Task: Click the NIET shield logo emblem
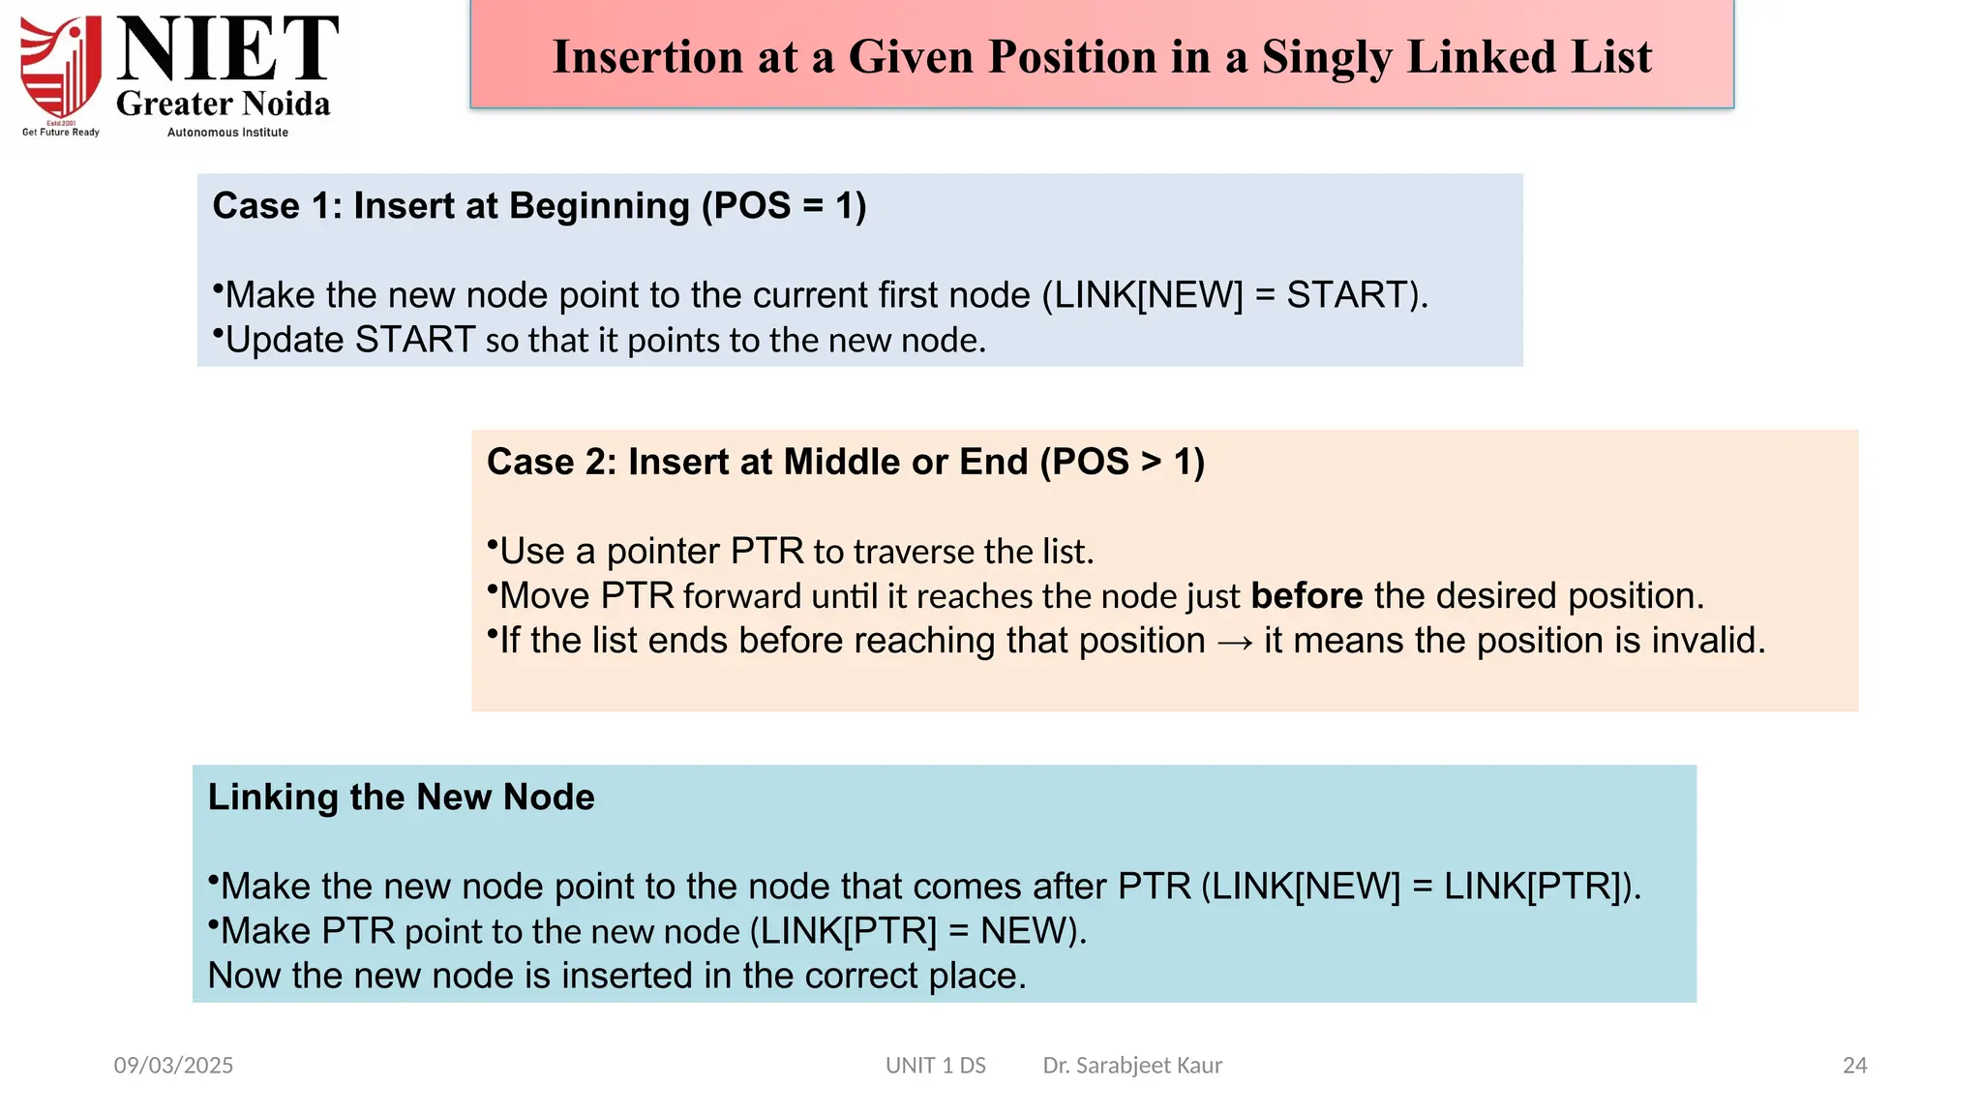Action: tap(61, 68)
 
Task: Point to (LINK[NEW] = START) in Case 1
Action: tap(1235, 294)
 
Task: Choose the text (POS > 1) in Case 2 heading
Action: tap(1122, 462)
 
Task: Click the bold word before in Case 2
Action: tap(1306, 595)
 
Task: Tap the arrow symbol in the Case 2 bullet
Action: tap(1235, 642)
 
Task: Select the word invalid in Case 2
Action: tap(1708, 640)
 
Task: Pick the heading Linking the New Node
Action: tap(401, 797)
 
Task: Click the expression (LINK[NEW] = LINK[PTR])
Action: tap(1421, 886)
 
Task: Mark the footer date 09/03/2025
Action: tap(173, 1065)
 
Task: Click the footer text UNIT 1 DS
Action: tap(935, 1065)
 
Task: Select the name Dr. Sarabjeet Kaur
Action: tap(1132, 1065)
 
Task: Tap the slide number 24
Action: tap(1854, 1065)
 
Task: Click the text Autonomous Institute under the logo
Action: tap(227, 133)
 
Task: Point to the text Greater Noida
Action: tap(224, 104)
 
